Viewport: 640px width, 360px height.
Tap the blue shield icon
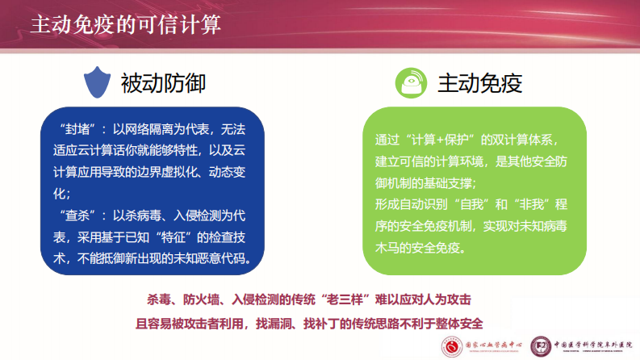coord(96,82)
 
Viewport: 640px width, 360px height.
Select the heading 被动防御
coord(162,82)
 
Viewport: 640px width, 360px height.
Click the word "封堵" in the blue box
coord(77,129)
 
